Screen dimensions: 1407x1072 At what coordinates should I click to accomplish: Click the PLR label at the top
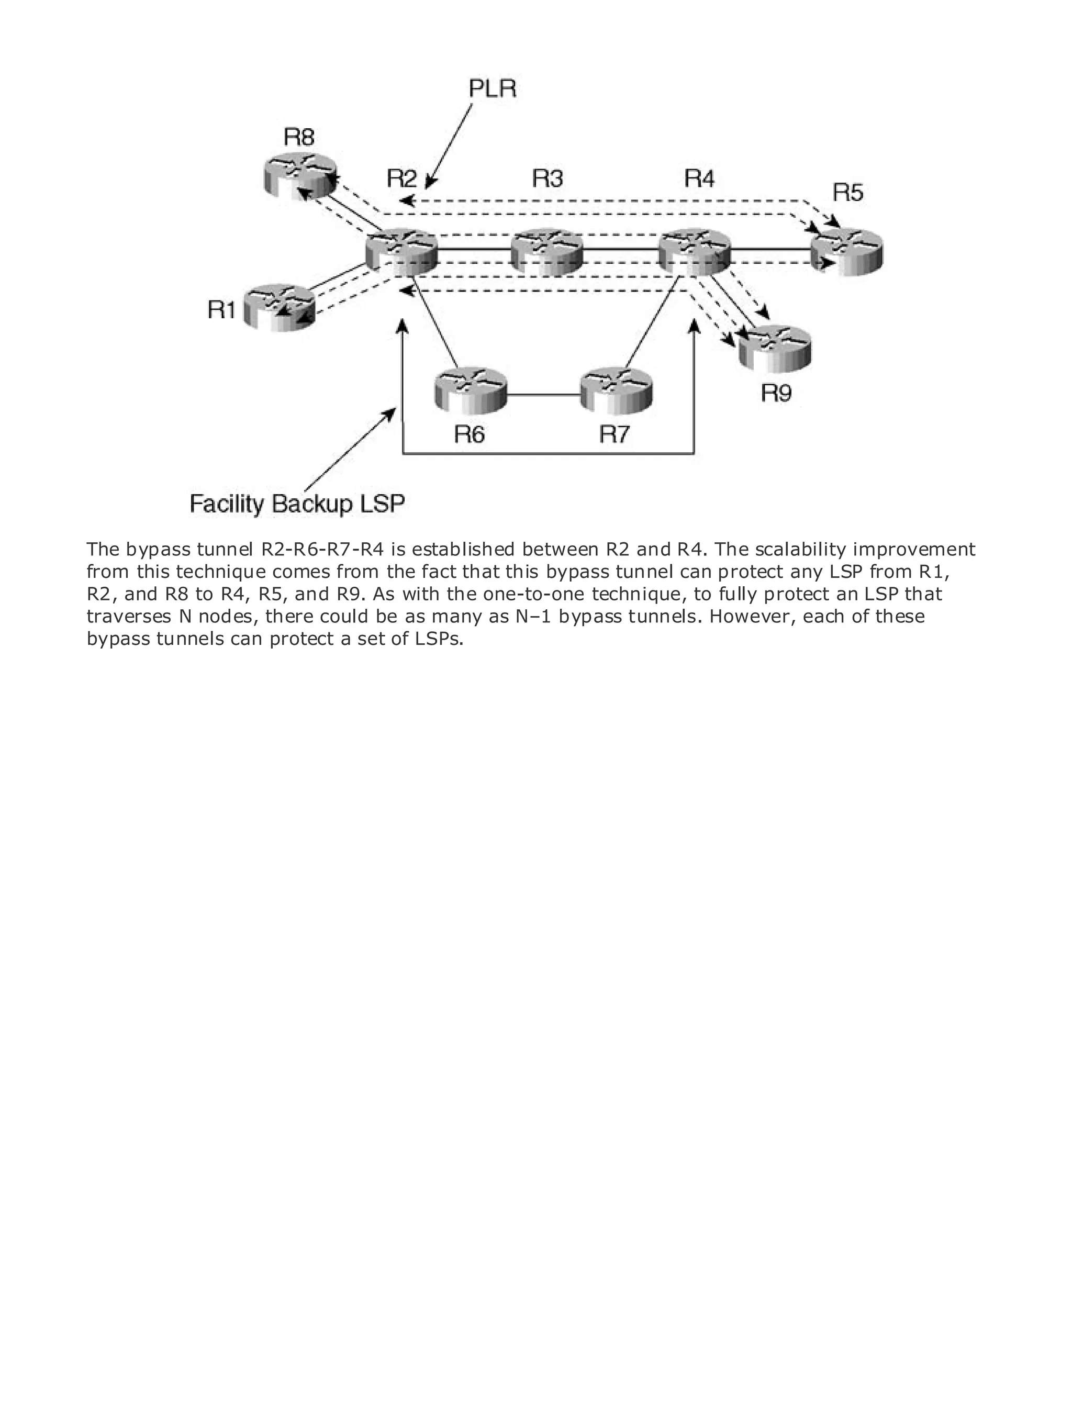click(x=492, y=88)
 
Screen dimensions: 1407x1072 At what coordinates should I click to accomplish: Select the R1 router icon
click(x=280, y=307)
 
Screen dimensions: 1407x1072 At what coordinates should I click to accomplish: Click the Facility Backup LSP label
click(x=297, y=504)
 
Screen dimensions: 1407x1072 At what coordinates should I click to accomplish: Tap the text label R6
click(x=470, y=434)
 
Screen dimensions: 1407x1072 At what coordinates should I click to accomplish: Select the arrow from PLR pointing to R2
click(x=449, y=147)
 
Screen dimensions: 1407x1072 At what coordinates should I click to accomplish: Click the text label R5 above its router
click(x=848, y=192)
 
